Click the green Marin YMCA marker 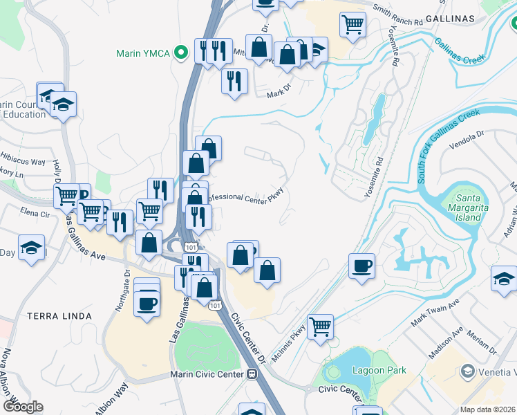pos(182,52)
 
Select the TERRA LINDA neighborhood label pos(59,316)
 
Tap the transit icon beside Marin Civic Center pos(253,374)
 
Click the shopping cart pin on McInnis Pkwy pos(320,326)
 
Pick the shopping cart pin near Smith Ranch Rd pos(352,24)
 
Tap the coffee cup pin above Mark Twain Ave pos(362,266)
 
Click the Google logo pos(22,406)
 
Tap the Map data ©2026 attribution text pos(487,409)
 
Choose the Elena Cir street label pos(35,213)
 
